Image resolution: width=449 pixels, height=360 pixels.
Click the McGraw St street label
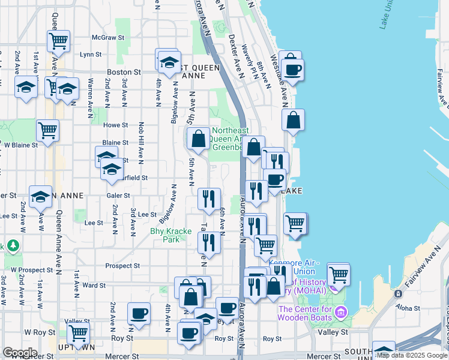point(112,37)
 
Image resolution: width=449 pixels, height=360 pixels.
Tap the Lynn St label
point(91,54)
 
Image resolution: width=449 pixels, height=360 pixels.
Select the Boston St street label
point(124,72)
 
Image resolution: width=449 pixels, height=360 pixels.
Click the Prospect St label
point(122,266)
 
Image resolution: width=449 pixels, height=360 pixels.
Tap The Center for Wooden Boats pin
point(341,313)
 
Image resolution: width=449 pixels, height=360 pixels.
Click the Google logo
point(20,353)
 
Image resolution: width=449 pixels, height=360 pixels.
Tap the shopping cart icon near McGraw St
point(59,41)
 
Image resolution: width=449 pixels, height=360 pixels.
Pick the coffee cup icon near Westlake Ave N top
point(292,70)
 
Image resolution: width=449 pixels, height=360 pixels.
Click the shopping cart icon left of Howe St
point(47,130)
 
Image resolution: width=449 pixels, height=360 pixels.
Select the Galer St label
point(118,196)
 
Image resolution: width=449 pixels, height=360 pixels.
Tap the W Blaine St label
point(21,145)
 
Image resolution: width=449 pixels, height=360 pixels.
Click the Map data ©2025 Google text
point(412,355)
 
